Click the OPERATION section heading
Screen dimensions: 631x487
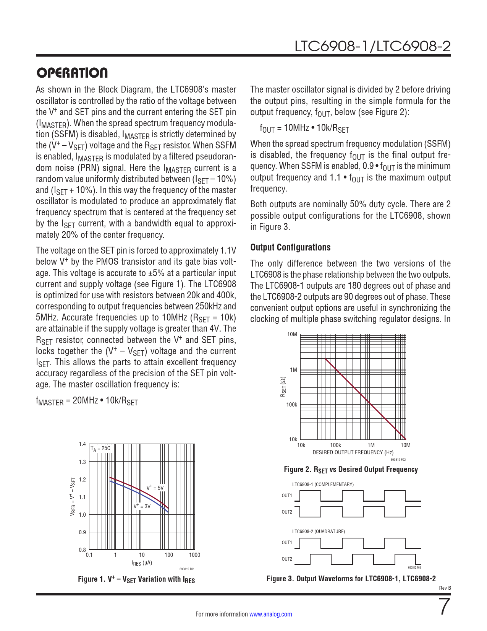point(72,73)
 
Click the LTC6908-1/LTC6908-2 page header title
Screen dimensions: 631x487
point(372,47)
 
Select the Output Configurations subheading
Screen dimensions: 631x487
point(290,247)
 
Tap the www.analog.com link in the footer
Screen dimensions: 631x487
point(270,614)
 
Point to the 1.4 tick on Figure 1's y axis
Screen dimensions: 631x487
point(82,444)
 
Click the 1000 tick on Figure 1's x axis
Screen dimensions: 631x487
point(194,555)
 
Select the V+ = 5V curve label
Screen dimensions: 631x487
point(155,488)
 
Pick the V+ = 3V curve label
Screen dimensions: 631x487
point(142,506)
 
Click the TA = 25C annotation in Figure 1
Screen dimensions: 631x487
point(100,449)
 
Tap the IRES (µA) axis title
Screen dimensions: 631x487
point(142,563)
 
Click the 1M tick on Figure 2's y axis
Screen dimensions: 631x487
point(293,370)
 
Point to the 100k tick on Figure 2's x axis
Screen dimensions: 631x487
point(335,445)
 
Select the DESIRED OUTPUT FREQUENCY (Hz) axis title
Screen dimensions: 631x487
point(348,452)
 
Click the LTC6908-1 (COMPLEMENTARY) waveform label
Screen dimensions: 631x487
point(323,485)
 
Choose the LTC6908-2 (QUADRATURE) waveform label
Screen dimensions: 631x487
point(319,532)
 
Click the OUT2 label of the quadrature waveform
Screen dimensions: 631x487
point(287,559)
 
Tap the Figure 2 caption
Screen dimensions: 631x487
point(351,470)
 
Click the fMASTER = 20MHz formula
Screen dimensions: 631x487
point(87,401)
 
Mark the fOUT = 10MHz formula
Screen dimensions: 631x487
point(304,128)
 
